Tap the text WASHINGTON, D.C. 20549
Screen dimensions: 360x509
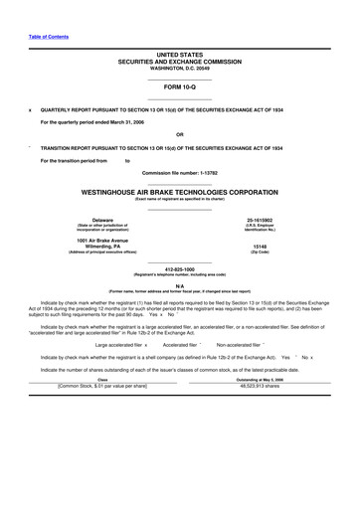pos(179,67)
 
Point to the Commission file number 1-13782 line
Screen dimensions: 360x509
pos(179,173)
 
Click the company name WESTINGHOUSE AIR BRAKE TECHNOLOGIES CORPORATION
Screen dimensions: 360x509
pos(179,191)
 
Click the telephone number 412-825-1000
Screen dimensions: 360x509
pos(179,268)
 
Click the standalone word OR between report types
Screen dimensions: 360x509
pos(179,134)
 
